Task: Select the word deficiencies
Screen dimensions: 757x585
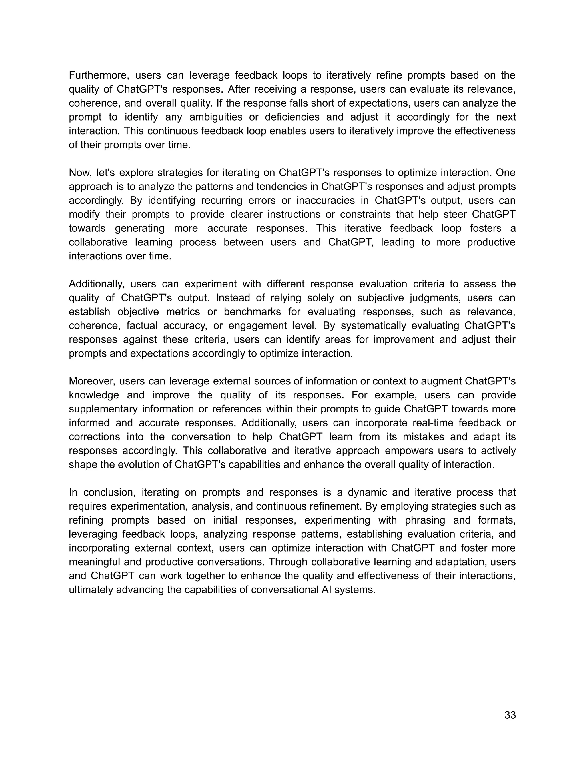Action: [292, 117]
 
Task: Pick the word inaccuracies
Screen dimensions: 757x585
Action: [332, 200]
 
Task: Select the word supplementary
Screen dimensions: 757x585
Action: [103, 409]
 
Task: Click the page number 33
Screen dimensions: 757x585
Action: [510, 715]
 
